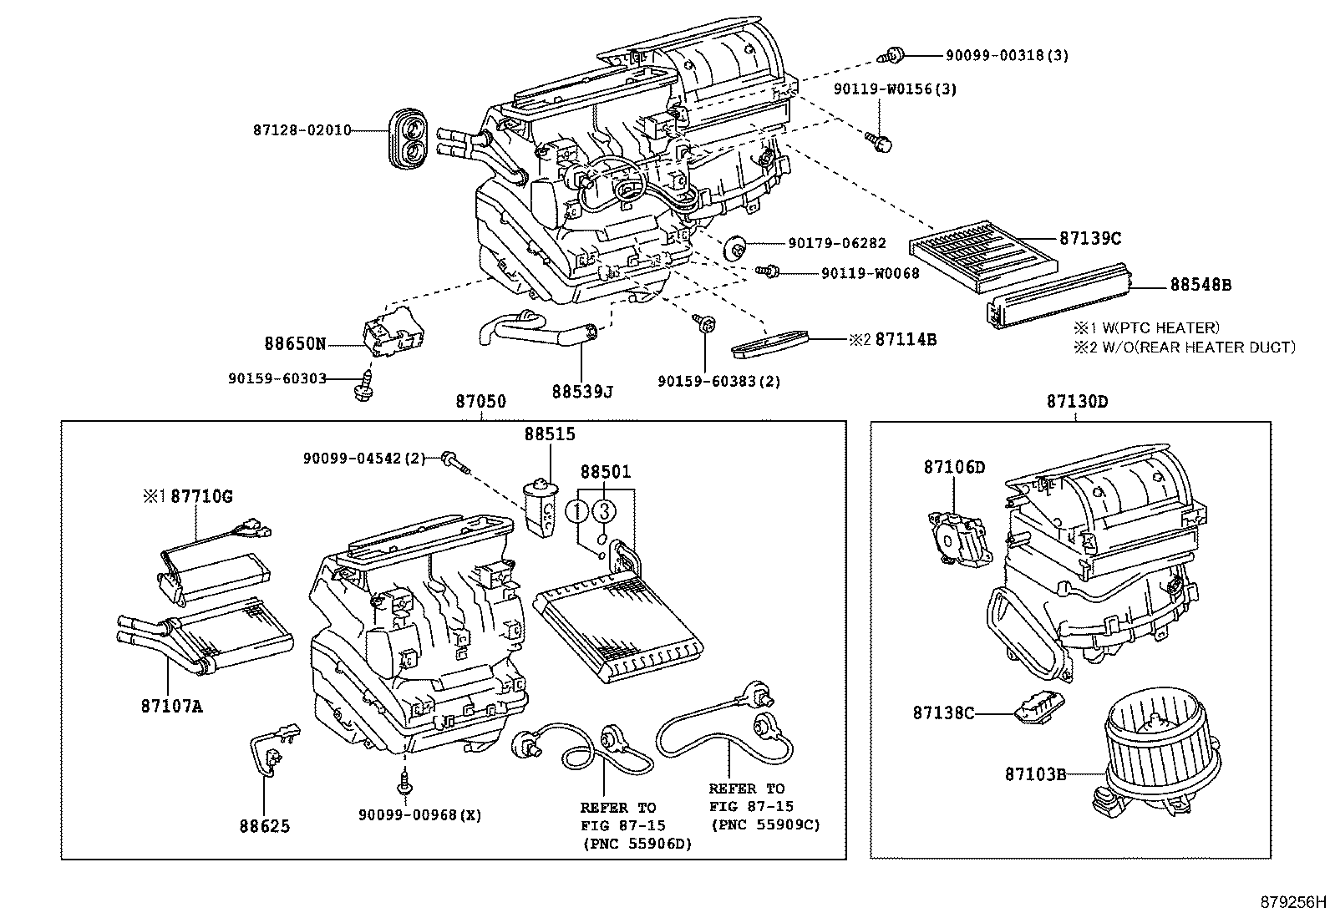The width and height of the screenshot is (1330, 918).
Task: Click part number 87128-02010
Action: click(x=302, y=130)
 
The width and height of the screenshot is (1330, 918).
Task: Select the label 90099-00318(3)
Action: click(x=1007, y=56)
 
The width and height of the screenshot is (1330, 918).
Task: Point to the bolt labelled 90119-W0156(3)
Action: click(x=878, y=142)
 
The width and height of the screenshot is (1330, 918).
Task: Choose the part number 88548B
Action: click(x=1200, y=285)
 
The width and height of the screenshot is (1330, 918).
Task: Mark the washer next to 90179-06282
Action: click(x=736, y=247)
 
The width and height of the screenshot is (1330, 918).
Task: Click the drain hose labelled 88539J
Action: click(x=535, y=334)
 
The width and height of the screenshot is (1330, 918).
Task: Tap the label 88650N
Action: click(x=295, y=343)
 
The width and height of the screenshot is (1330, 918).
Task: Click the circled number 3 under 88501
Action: click(x=606, y=510)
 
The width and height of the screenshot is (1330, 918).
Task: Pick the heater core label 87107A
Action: click(x=171, y=707)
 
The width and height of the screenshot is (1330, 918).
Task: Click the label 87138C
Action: click(x=943, y=713)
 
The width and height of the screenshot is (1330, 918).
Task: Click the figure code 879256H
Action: click(x=1293, y=903)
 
